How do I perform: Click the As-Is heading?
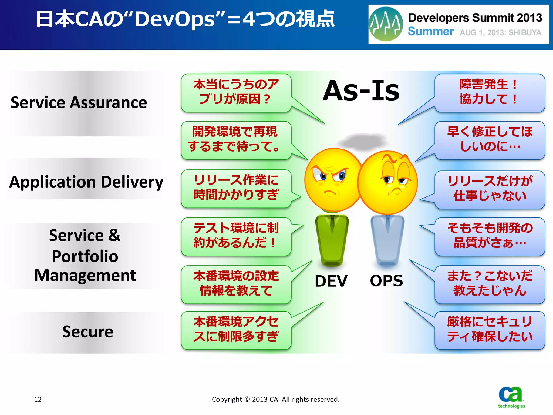click(x=361, y=91)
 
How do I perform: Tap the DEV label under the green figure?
click(x=331, y=281)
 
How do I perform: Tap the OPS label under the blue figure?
click(x=386, y=281)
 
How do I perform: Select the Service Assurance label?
click(x=79, y=103)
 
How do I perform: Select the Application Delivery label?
click(x=86, y=182)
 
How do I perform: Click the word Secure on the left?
click(x=88, y=332)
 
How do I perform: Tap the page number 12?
click(x=38, y=399)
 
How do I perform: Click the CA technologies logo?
click(x=511, y=397)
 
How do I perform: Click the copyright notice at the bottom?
click(x=275, y=399)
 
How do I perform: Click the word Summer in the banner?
click(x=431, y=32)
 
